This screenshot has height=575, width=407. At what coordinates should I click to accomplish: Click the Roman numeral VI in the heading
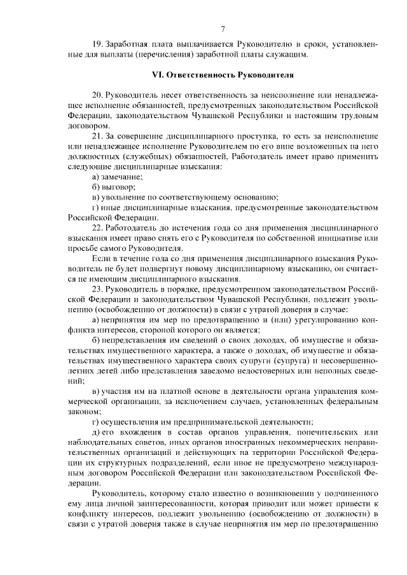coord(156,74)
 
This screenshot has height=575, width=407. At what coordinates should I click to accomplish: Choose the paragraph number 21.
coord(97,135)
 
